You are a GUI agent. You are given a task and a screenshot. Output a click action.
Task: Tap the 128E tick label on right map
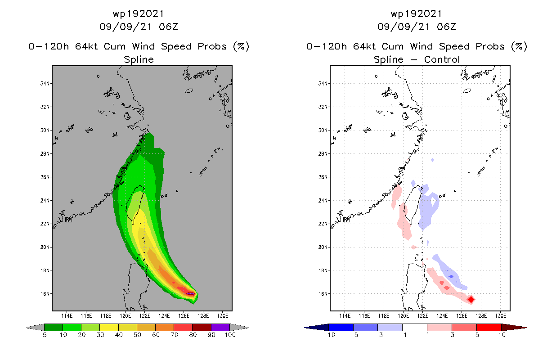click(481, 316)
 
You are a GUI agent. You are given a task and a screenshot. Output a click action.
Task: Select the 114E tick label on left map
click(67, 316)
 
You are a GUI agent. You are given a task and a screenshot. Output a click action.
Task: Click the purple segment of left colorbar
click(220, 327)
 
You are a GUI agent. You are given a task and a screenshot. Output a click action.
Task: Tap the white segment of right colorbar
click(415, 327)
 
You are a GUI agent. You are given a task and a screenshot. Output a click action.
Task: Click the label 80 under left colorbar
click(192, 335)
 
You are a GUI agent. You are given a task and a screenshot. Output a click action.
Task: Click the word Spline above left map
click(139, 59)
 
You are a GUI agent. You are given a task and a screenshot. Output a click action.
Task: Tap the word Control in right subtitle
click(442, 59)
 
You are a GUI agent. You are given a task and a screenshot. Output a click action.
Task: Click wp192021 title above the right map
click(417, 14)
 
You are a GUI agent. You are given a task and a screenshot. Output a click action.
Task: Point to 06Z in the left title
click(169, 27)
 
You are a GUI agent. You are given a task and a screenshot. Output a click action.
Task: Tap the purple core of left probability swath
click(191, 294)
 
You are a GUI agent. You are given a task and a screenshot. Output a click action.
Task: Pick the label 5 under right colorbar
click(476, 335)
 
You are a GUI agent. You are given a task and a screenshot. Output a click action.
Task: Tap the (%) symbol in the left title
click(241, 46)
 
